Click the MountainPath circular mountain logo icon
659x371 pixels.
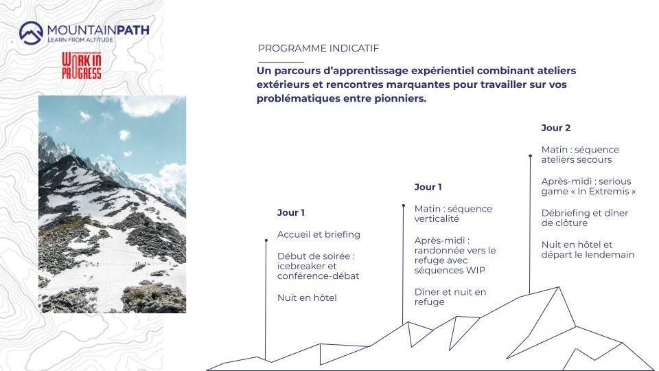point(31,33)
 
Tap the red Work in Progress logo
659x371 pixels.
point(82,66)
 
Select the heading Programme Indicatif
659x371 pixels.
point(318,48)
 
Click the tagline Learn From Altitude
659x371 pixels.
point(80,40)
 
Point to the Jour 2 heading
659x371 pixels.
point(555,128)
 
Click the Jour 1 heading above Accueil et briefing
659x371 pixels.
point(290,212)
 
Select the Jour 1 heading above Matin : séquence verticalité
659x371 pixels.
point(428,187)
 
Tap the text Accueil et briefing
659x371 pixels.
point(319,234)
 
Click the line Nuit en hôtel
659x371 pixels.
point(307,297)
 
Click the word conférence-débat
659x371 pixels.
point(318,276)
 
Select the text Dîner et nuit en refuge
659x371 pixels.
point(450,297)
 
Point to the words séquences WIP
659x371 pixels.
point(449,271)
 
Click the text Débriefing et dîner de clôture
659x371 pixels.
point(585,218)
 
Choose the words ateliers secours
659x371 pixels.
point(576,160)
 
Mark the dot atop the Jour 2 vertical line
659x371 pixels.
point(530,156)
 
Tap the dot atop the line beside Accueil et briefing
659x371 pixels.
point(266,240)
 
